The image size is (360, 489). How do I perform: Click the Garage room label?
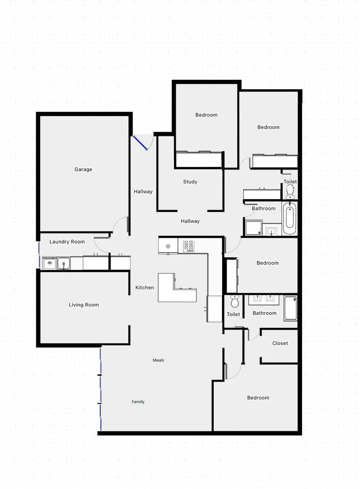coord(83,169)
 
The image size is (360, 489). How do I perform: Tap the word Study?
coord(190,182)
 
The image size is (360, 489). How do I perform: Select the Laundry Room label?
coord(67,242)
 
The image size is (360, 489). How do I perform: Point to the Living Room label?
coord(84,305)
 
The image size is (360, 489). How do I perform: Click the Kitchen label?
coord(145,288)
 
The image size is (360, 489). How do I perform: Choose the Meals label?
coord(158,360)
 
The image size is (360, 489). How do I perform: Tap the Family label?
coord(138,402)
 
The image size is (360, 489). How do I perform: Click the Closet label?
coord(280,343)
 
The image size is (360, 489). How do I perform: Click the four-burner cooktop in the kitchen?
coord(188,246)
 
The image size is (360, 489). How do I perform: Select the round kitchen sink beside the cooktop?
coord(168,246)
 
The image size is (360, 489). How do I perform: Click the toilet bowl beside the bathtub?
coord(290,193)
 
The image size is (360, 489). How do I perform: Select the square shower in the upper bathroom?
coord(254,227)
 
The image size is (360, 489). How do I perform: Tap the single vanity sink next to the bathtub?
coord(272,231)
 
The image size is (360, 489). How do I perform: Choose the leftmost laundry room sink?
coord(49,262)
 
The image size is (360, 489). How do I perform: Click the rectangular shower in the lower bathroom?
coord(290,308)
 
